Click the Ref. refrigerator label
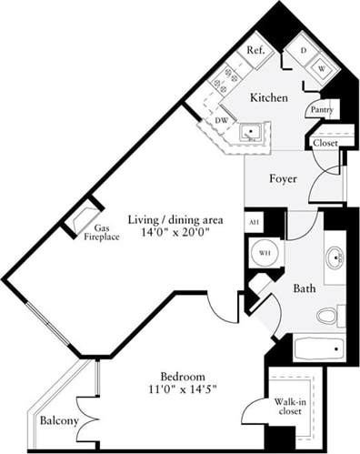tap(255, 52)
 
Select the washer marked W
tap(321, 66)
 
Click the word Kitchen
tap(270, 97)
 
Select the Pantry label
tap(320, 109)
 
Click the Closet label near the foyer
tap(325, 143)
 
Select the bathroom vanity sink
tap(335, 258)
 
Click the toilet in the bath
tap(329, 316)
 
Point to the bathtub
tap(318, 348)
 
